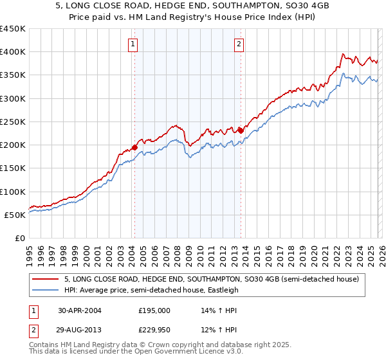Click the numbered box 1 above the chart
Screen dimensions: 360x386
coord(133,44)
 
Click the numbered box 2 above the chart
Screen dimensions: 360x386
coord(239,44)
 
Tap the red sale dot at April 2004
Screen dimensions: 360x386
coord(134,147)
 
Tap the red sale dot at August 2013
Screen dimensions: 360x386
coord(241,130)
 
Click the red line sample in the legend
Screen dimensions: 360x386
coord(46,279)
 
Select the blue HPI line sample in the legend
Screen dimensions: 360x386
coord(46,290)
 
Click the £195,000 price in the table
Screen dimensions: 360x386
coord(154,310)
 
